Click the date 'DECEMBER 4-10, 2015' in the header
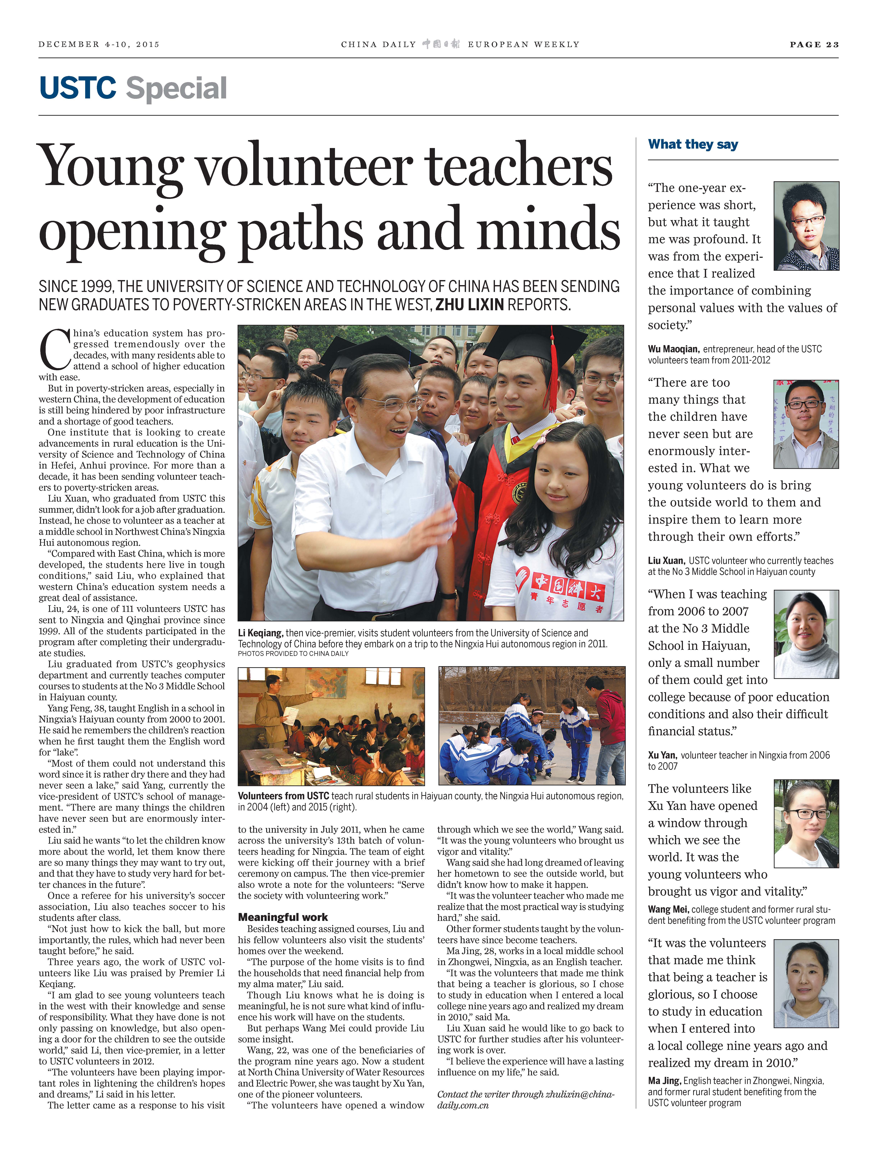[99, 44]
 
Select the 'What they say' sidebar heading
[693, 144]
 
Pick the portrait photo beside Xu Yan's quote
[806, 634]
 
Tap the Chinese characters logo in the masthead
[441, 44]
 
